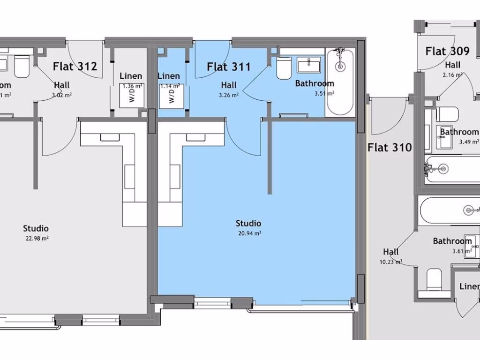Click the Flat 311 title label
pos(229,67)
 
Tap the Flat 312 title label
pos(75,66)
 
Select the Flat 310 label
pos(390,148)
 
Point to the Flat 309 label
pos(447,51)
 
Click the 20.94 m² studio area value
pos(248,232)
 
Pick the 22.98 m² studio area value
pos(36,238)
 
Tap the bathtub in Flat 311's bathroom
pos(340,82)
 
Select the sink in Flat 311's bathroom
pos(309,65)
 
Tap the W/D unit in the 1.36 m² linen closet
pos(133,97)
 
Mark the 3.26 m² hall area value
pos(229,95)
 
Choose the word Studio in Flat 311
pos(248,223)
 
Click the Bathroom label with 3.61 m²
pos(452,241)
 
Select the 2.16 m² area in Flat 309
pos(452,75)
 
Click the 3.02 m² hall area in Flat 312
pos(61,95)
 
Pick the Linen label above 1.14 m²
pos(169,76)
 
